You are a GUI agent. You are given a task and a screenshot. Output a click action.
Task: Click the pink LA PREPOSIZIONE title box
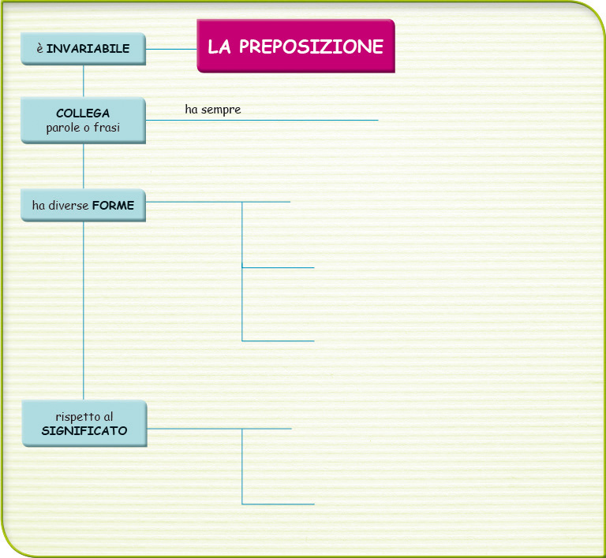(296, 46)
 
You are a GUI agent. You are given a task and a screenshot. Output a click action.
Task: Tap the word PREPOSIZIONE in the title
(311, 46)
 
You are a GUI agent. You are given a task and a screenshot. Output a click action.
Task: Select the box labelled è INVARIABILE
(83, 49)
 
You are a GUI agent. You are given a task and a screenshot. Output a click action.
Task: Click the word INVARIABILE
(88, 49)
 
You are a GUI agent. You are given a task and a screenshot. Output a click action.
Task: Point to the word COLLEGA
(83, 113)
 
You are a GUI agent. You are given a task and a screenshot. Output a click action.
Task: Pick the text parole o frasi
(83, 128)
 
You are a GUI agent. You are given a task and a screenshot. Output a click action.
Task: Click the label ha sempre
(213, 110)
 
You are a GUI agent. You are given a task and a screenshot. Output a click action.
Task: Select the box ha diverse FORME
(83, 205)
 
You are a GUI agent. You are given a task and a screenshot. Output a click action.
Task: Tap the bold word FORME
(114, 205)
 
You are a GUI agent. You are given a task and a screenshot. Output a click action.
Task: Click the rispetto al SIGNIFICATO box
(84, 423)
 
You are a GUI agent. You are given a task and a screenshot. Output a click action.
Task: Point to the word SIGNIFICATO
(84, 430)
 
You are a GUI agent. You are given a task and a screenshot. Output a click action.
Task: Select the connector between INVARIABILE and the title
(171, 49)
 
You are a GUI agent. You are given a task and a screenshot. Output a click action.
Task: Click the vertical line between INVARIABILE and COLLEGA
(84, 81)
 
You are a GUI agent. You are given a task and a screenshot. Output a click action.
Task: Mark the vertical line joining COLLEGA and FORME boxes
(84, 166)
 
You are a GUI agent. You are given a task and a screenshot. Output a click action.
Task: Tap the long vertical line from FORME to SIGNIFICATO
(84, 311)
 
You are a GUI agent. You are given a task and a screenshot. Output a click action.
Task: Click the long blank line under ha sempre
(262, 120)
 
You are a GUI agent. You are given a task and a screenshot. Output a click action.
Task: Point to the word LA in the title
(219, 46)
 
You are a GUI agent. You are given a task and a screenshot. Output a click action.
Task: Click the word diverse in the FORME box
(69, 205)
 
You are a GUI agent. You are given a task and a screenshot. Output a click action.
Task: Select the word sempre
(221, 110)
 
